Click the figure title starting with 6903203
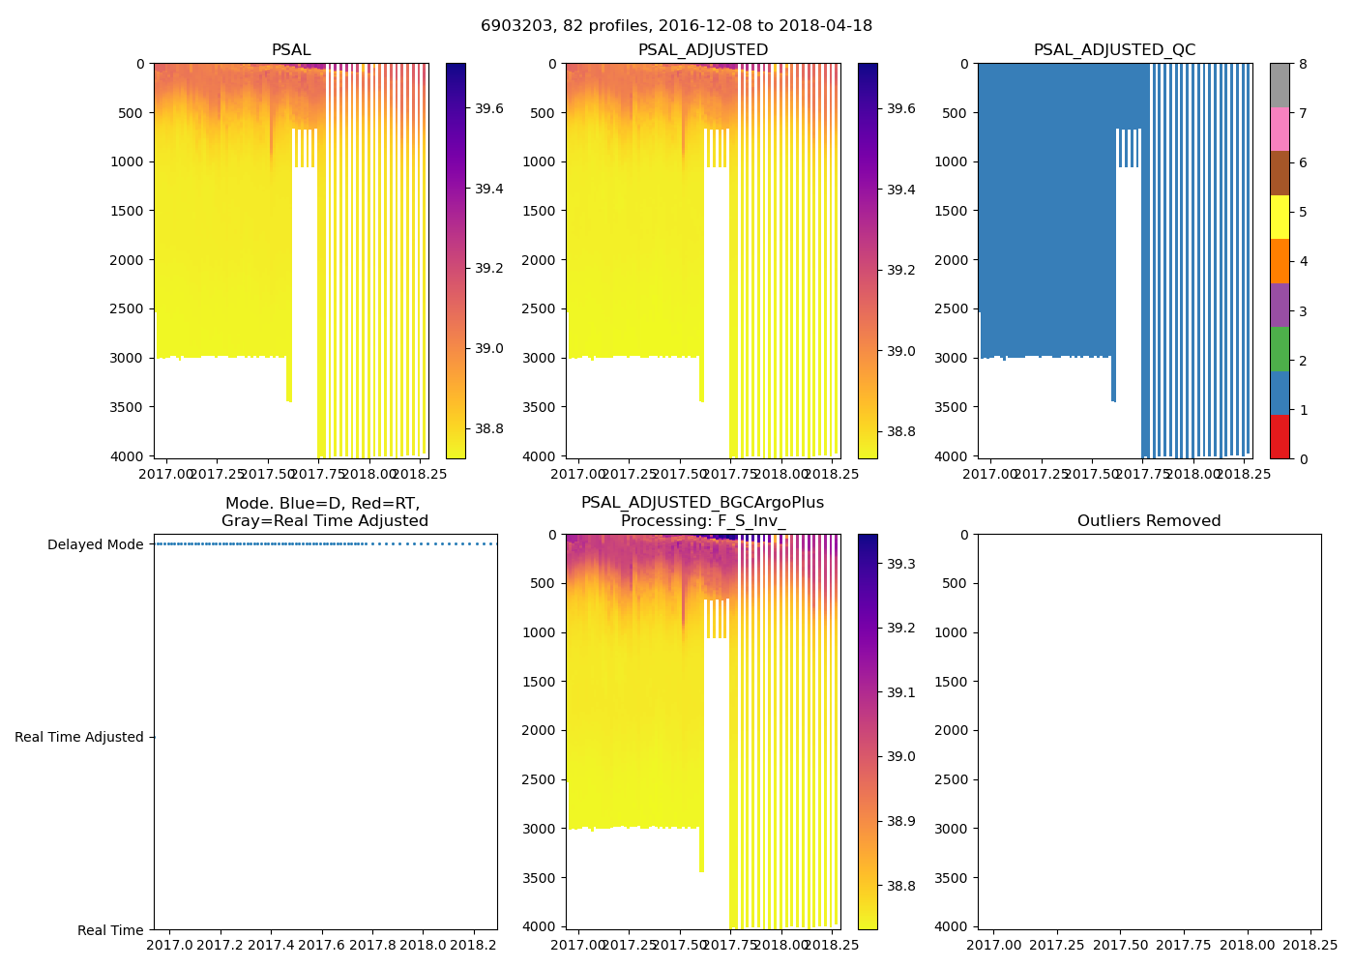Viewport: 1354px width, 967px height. coord(676,25)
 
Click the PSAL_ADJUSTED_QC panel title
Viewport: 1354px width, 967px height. coord(1114,50)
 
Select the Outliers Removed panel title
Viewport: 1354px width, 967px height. coord(1149,521)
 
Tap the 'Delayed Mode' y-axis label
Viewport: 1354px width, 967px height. coord(95,544)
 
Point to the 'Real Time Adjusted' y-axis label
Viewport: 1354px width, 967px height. coord(78,737)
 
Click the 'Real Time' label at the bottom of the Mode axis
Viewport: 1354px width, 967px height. coord(110,930)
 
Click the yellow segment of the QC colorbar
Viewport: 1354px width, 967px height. coord(1280,217)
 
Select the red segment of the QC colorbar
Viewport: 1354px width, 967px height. coord(1280,436)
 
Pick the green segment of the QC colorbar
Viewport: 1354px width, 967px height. coord(1280,348)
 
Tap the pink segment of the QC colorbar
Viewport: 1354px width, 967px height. coord(1280,129)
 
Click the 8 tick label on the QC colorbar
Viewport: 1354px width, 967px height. coord(1303,64)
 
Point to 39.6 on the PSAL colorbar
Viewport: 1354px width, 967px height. coord(488,108)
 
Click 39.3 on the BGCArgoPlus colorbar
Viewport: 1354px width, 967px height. coord(901,564)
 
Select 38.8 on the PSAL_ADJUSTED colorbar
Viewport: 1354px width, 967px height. coord(901,431)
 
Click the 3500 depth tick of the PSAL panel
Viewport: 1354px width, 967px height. coord(127,407)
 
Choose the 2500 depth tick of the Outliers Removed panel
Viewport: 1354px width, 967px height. coord(951,779)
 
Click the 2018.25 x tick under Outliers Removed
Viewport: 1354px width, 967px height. coord(1310,945)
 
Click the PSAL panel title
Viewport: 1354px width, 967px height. coord(291,50)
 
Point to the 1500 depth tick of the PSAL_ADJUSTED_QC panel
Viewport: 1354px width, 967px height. coord(951,211)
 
